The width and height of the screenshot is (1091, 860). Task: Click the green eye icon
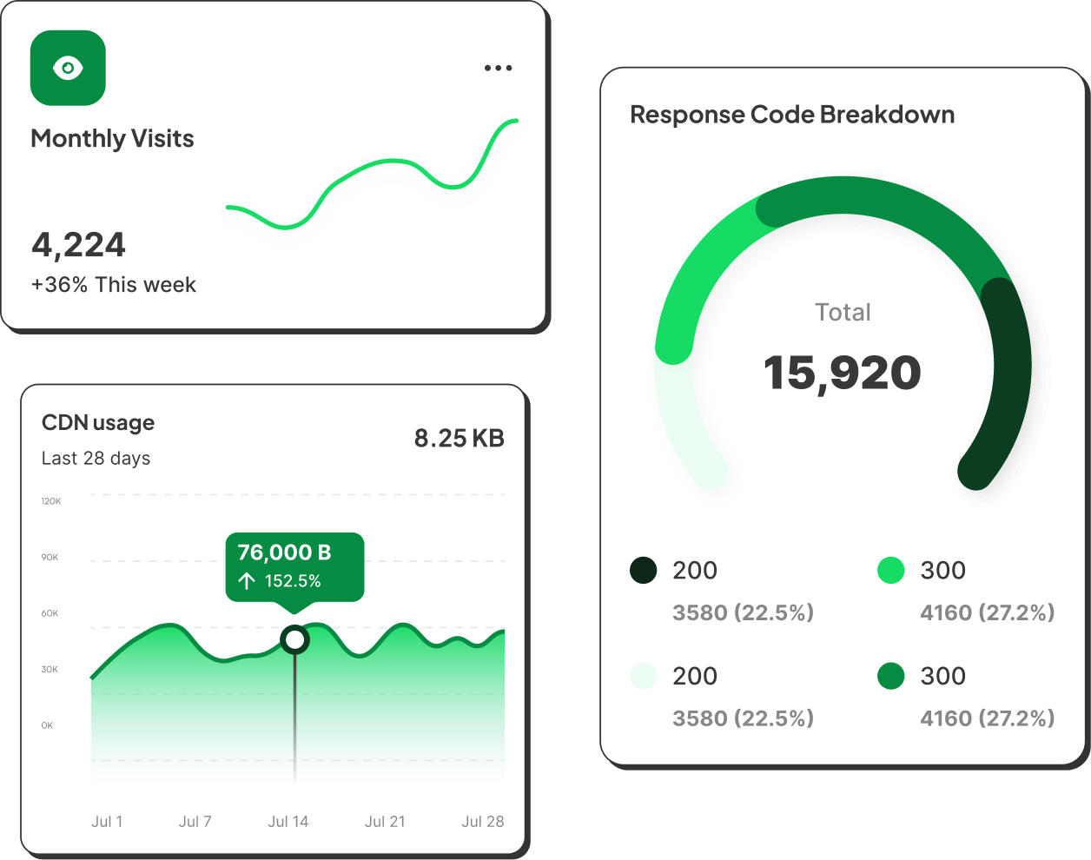68,68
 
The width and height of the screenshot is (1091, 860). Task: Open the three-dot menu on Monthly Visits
498,68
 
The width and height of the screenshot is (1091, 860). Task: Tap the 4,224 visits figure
79,245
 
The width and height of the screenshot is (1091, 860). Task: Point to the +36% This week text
114,285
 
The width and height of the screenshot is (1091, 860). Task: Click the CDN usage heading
98,423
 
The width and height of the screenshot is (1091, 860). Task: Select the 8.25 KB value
459,438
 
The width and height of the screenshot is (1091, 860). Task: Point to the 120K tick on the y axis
51,501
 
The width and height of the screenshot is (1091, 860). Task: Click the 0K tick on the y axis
47,725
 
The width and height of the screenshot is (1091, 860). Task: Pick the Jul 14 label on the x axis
288,822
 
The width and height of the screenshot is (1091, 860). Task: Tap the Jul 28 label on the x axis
483,822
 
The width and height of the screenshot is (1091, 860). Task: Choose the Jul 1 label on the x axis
107,822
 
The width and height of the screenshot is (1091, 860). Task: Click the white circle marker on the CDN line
295,640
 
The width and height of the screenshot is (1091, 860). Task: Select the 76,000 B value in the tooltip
284,552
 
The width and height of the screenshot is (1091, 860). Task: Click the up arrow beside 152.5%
247,580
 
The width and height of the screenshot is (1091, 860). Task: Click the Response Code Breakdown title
792,115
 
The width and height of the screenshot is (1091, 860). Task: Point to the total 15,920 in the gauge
843,373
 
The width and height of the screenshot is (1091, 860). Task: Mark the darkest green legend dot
644,571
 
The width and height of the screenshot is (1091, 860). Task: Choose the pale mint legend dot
644,676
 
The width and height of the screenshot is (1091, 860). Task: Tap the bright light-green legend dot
891,571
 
